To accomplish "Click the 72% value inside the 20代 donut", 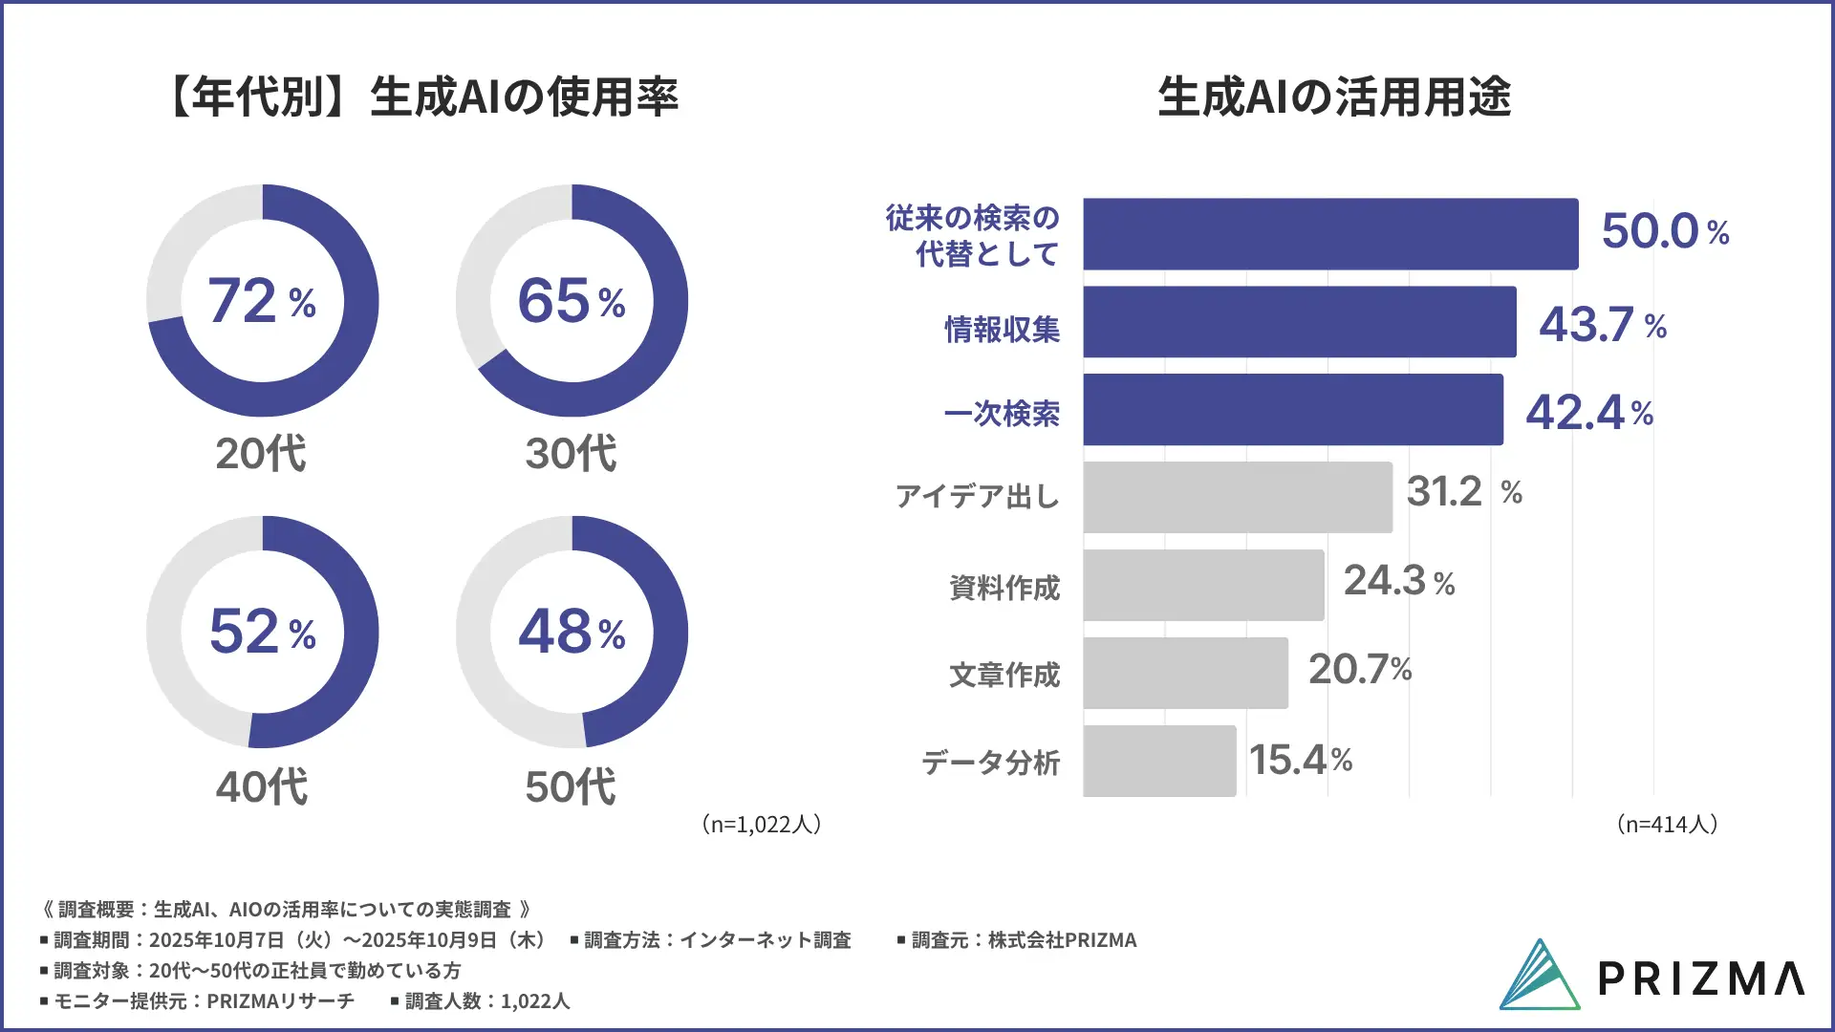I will pyautogui.click(x=261, y=301).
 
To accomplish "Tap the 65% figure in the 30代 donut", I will pyautogui.click(x=571, y=301).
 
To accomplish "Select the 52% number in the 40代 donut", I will pyautogui.click(x=261, y=632).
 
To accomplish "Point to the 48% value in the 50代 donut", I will pyautogui.click(x=571, y=632).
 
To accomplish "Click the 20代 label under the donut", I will pyautogui.click(x=261, y=453).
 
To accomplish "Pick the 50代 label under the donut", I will pyautogui.click(x=571, y=786).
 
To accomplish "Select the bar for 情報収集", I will pyautogui.click(x=1299, y=322).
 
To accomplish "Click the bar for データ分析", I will pyautogui.click(x=1159, y=761).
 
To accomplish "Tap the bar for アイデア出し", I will pyautogui.click(x=1238, y=497).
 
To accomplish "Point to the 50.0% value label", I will pyautogui.click(x=1665, y=231).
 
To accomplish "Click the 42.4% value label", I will pyautogui.click(x=1588, y=413).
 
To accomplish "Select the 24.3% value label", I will pyautogui.click(x=1398, y=581).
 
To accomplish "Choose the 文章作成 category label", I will pyautogui.click(x=1004, y=675).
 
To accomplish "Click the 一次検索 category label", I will pyautogui.click(x=1002, y=413).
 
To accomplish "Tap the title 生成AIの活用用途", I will pyautogui.click(x=1334, y=97).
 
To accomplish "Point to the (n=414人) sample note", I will pyautogui.click(x=1667, y=824).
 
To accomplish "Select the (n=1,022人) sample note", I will pyautogui.click(x=761, y=824).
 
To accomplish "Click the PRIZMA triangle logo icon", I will pyautogui.click(x=1539, y=975).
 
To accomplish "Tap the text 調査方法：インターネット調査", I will pyautogui.click(x=717, y=940).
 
